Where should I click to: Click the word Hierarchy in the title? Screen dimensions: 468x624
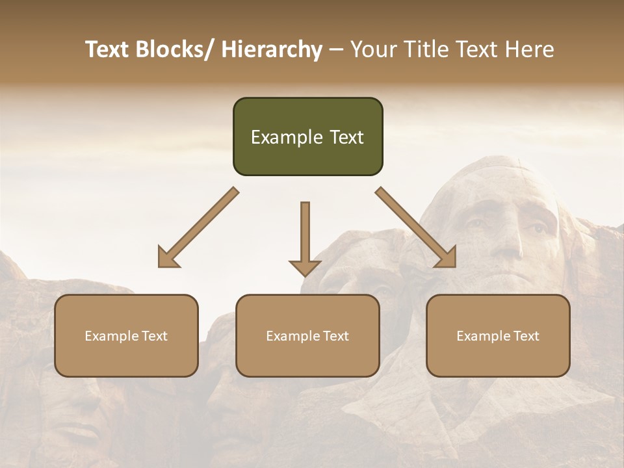tap(272, 49)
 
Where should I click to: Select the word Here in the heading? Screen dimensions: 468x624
tap(530, 49)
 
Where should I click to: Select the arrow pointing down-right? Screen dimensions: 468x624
tap(416, 227)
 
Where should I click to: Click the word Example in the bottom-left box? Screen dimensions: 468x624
tap(111, 336)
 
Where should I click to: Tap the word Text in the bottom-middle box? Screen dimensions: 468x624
tap(335, 336)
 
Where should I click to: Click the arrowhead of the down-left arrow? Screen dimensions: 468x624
tap(167, 259)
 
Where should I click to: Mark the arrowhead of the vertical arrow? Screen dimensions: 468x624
tap(305, 267)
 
